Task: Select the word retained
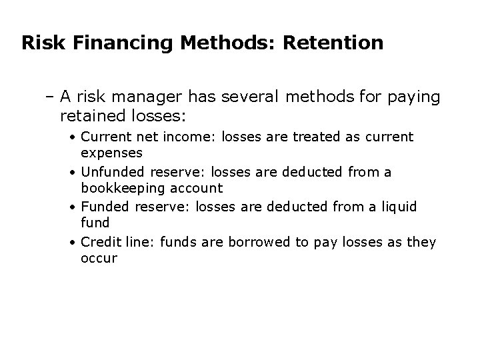pyautogui.click(x=93, y=116)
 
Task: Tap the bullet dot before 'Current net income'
pyautogui.click(x=74, y=137)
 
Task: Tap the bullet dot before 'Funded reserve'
pyautogui.click(x=74, y=207)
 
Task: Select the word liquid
pyautogui.click(x=397, y=207)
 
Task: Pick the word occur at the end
pyautogui.click(x=99, y=258)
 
